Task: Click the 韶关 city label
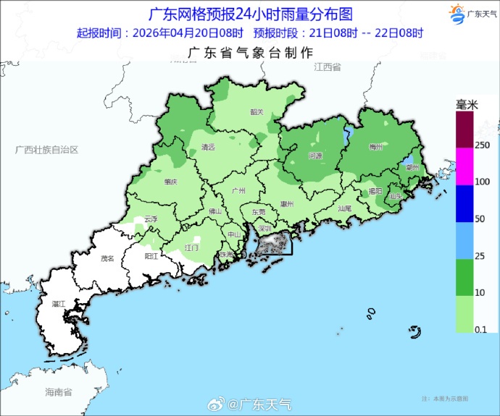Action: [257, 112]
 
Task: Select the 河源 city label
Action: [315, 156]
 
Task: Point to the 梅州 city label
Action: [375, 147]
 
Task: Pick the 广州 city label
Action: [237, 190]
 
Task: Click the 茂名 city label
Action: [107, 258]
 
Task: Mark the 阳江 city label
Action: [152, 256]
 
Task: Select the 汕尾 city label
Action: [344, 208]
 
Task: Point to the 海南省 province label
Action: [58, 392]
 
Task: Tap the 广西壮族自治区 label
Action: [46, 149]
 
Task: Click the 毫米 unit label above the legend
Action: [467, 105]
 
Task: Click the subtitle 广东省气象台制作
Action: [250, 53]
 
